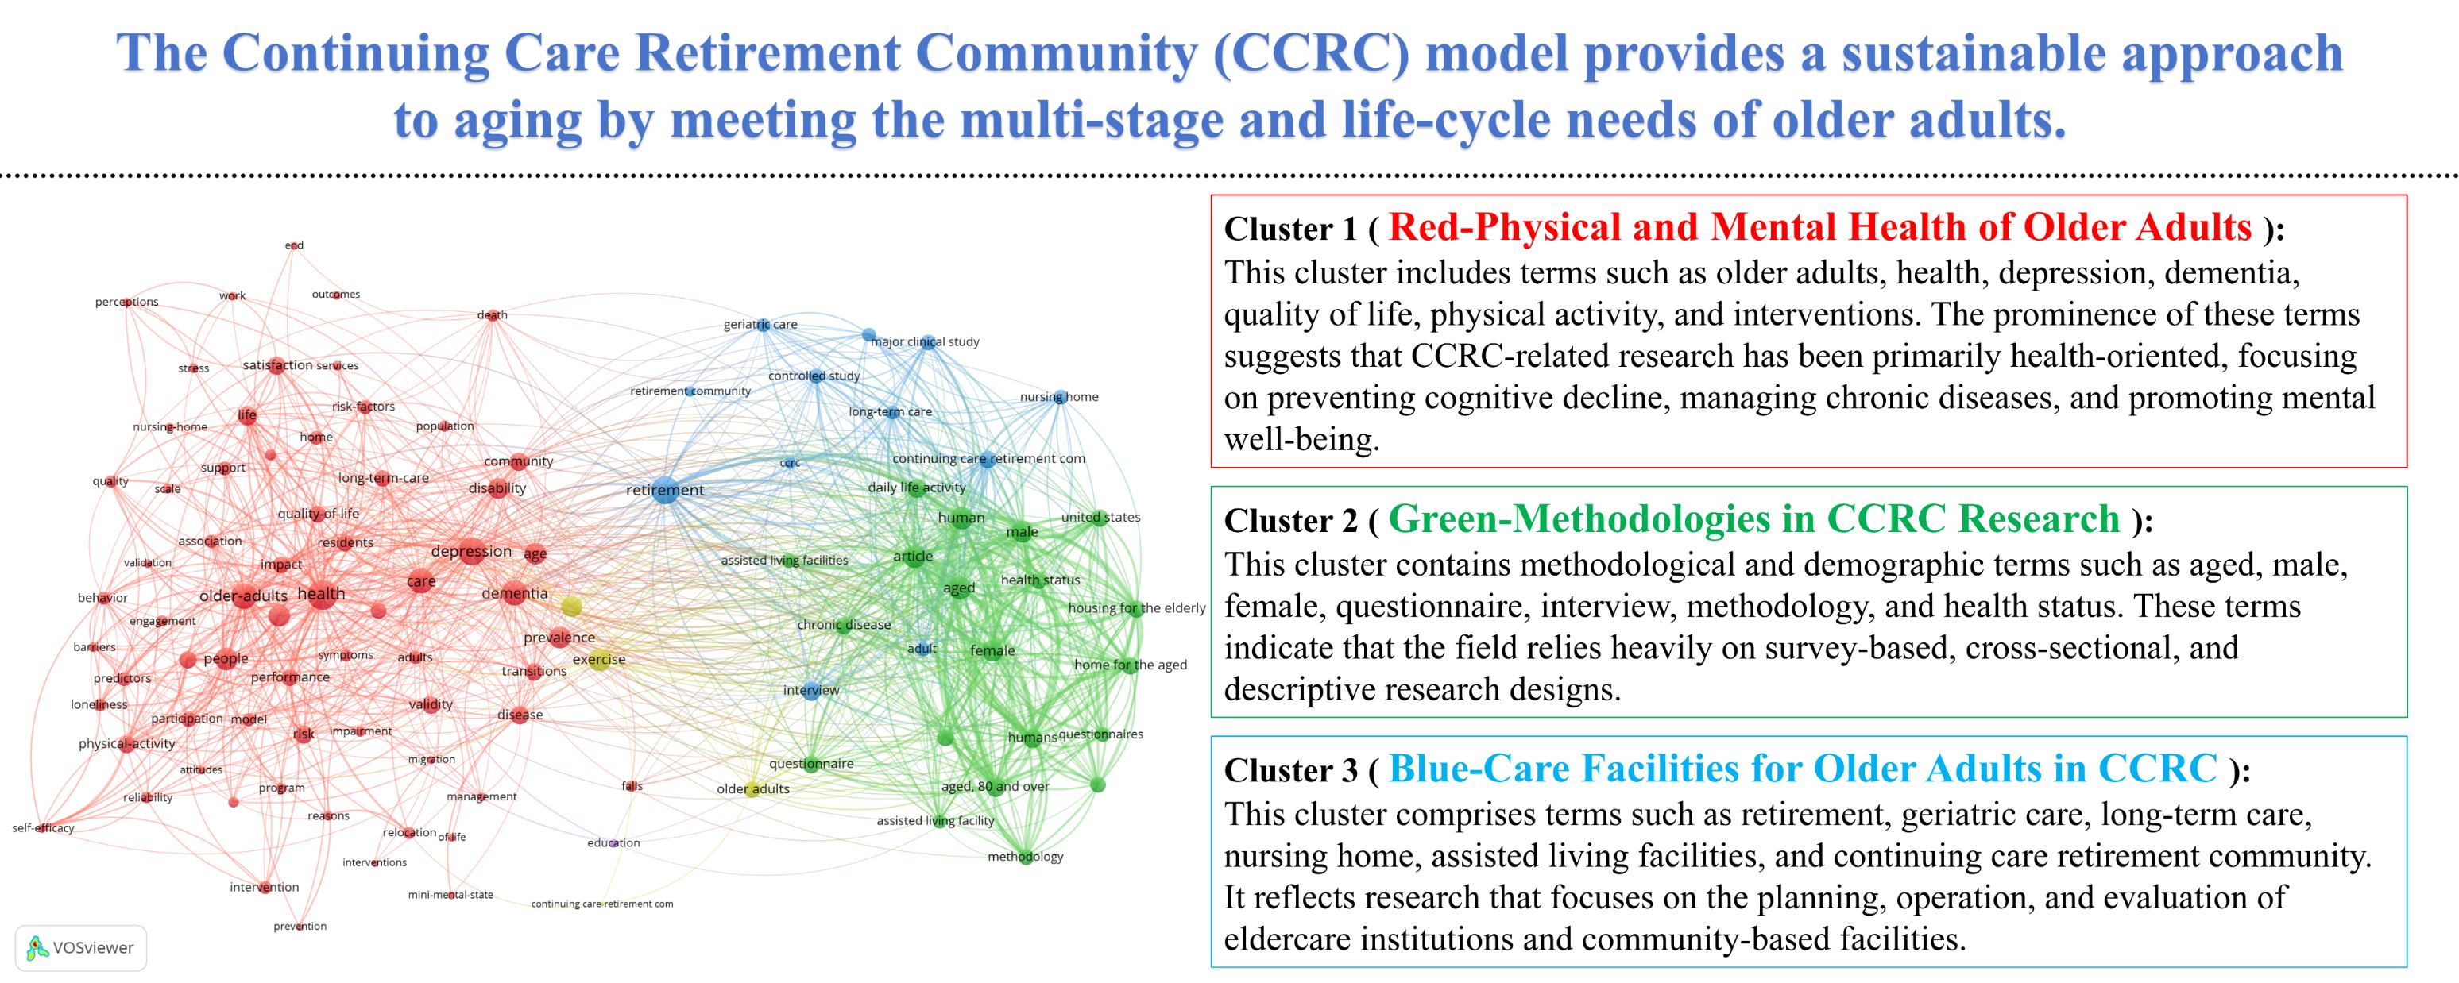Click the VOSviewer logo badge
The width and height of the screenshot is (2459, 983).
(81, 948)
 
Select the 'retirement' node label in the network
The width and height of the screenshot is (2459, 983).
(664, 491)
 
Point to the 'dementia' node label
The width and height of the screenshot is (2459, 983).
(515, 594)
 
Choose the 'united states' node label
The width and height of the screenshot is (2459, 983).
(1100, 517)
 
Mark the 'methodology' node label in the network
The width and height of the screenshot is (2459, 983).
(1025, 857)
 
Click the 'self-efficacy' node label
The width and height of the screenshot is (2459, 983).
(43, 828)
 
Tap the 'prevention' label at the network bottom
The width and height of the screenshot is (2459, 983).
(300, 927)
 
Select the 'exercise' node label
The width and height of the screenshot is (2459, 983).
(598, 660)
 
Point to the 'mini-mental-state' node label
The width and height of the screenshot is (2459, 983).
(450, 895)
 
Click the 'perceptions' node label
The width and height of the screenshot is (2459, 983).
(127, 303)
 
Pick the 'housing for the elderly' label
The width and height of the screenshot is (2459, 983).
(1137, 608)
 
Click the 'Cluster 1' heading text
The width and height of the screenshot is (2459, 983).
(1289, 229)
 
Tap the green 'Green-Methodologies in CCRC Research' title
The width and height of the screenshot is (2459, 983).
(1753, 519)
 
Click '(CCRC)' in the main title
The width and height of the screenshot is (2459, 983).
(1312, 53)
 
